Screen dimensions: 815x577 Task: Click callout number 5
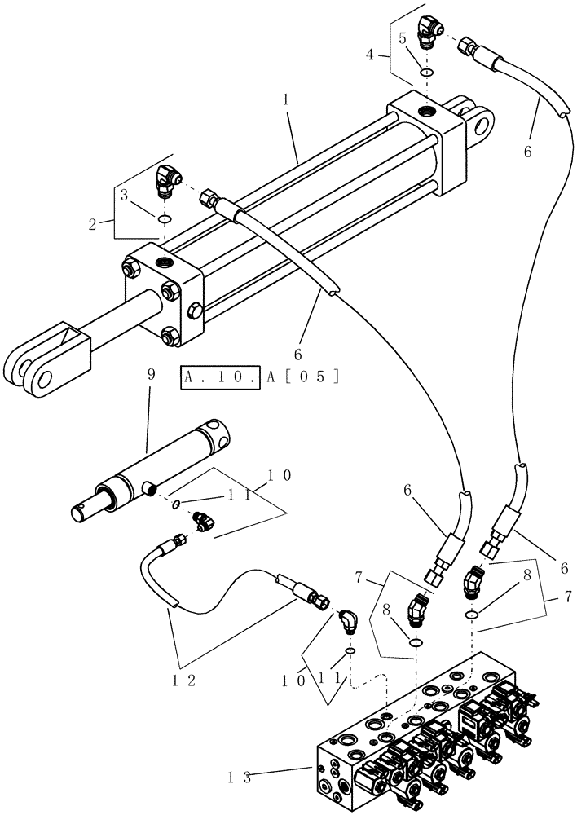pos(403,37)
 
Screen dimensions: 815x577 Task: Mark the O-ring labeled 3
pos(165,219)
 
